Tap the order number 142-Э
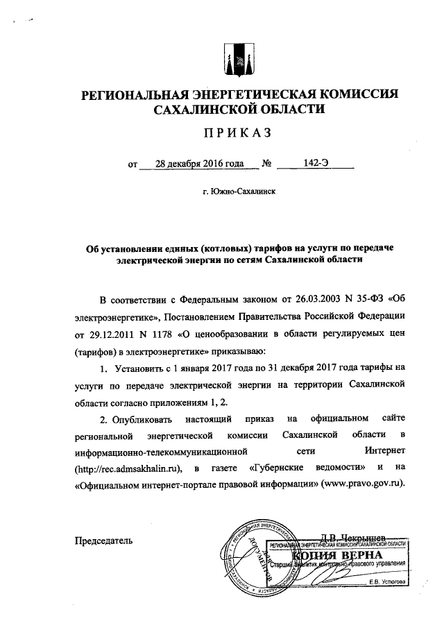point(316,164)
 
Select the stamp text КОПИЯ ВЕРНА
point(339,557)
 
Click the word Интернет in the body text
point(384,451)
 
